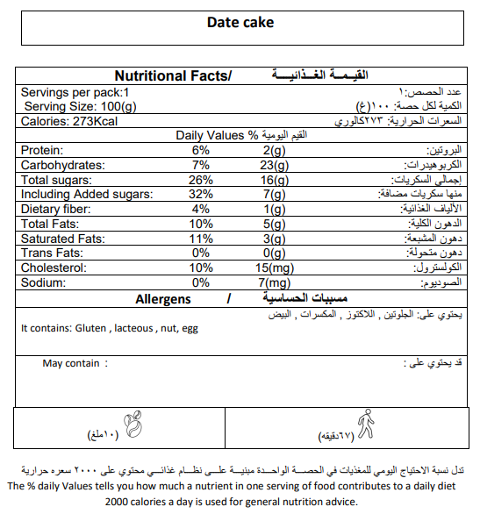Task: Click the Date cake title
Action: (x=240, y=22)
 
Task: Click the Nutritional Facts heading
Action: (x=172, y=77)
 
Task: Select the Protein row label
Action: (x=41, y=150)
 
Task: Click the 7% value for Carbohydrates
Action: (x=200, y=165)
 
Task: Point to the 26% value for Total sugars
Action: (x=200, y=180)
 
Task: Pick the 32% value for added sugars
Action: (x=200, y=194)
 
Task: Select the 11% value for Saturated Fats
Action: (x=200, y=239)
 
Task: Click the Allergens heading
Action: (x=163, y=299)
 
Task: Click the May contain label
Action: (x=71, y=363)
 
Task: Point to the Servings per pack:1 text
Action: (x=75, y=92)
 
